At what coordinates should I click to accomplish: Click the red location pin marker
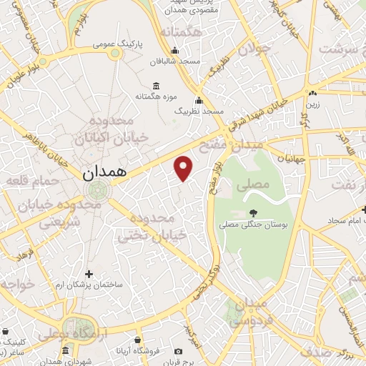coord(184,167)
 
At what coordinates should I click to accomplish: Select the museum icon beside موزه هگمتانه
coord(156,86)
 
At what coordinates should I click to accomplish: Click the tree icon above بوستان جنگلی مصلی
coord(252,212)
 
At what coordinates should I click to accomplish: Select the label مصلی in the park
coord(257,184)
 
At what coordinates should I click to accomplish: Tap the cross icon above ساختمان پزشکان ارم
coord(89,273)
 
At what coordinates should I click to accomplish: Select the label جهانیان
coord(292,158)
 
